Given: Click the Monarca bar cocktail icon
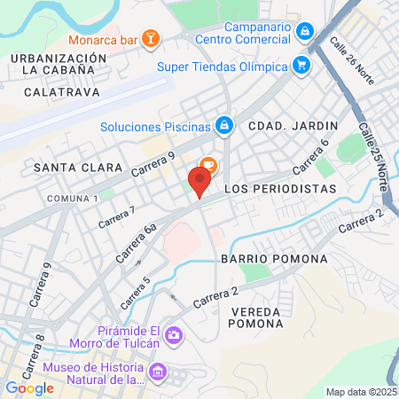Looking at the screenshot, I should pyautogui.click(x=152, y=37).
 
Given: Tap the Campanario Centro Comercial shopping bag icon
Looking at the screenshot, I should pyautogui.click(x=304, y=31).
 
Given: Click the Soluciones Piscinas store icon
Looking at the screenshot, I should pyautogui.click(x=224, y=126).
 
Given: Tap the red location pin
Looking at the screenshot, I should pyautogui.click(x=199, y=184).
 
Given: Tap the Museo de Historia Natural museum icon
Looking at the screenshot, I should pyautogui.click(x=159, y=371).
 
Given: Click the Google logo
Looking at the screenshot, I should pyautogui.click(x=29, y=387).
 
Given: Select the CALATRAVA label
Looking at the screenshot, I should pyautogui.click(x=59, y=91).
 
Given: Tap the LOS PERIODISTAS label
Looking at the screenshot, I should pyautogui.click(x=280, y=189).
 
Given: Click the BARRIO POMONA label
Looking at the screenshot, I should pyautogui.click(x=274, y=259).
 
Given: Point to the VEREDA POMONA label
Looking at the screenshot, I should pyautogui.click(x=255, y=317).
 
